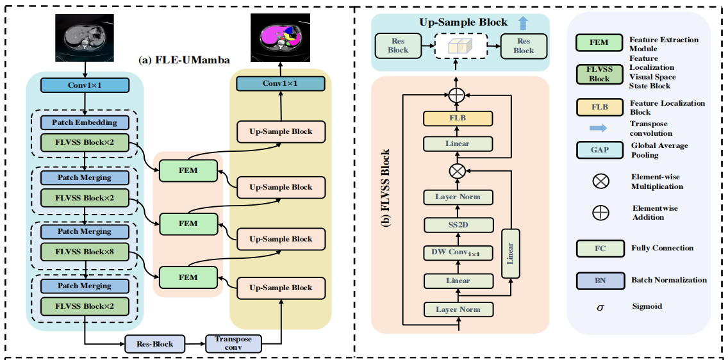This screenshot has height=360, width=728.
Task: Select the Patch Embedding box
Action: [x=85, y=122]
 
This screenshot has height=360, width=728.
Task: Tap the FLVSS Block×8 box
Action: [x=85, y=252]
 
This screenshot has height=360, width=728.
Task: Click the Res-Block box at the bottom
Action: [x=154, y=344]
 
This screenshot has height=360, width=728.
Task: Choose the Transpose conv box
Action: [x=233, y=344]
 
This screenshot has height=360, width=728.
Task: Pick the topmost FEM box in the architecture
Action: [x=188, y=170]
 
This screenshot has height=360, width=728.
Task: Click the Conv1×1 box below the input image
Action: [x=85, y=85]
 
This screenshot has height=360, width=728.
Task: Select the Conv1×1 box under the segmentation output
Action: [x=280, y=84]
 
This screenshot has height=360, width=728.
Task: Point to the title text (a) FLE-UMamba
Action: [x=184, y=60]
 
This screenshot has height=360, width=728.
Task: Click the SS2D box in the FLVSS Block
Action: [x=458, y=225]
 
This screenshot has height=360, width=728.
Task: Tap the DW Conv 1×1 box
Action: [x=458, y=253]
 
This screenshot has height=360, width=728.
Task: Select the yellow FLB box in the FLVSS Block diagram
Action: [x=458, y=119]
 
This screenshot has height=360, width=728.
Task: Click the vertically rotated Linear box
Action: [x=510, y=253]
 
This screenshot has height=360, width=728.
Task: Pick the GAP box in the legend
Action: [x=600, y=150]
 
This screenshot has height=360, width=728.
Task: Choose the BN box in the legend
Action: [x=600, y=280]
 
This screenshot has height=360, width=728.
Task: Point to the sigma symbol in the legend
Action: [x=600, y=307]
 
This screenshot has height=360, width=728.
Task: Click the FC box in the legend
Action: [x=600, y=248]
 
